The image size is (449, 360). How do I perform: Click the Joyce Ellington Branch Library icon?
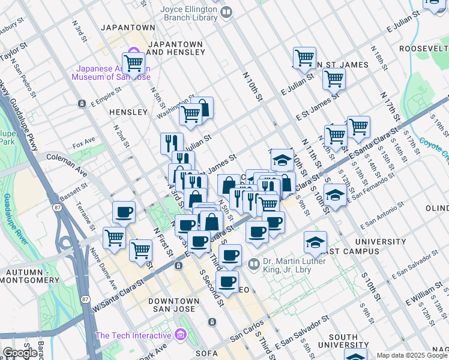(x=226, y=11)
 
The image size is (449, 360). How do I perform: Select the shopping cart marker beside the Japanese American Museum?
(x=133, y=62)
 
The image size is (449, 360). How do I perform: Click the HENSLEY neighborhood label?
(x=128, y=112)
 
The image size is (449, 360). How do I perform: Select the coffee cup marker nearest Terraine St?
(x=124, y=212)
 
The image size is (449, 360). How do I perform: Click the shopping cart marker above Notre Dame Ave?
(x=114, y=237)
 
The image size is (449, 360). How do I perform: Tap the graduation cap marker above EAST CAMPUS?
(x=315, y=242)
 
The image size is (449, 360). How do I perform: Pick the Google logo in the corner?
(x=20, y=353)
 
